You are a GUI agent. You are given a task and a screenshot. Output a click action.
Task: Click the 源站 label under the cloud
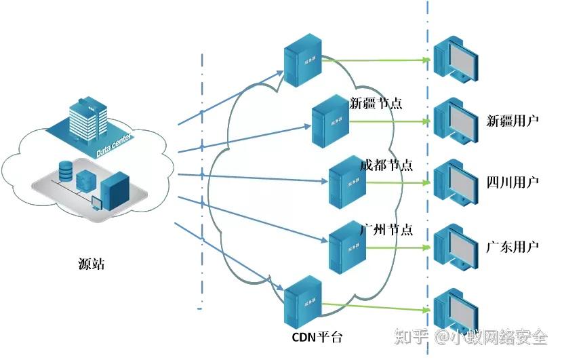(92, 264)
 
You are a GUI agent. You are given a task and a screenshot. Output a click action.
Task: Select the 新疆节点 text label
(376, 104)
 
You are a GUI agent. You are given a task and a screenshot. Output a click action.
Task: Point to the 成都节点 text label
(386, 165)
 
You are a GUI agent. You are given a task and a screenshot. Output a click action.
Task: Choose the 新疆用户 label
(513, 121)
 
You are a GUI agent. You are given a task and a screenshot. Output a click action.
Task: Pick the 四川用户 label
(513, 182)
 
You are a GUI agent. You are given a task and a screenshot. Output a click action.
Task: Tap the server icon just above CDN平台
(302, 302)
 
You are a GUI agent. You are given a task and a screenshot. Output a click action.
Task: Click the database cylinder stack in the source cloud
(66, 171)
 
